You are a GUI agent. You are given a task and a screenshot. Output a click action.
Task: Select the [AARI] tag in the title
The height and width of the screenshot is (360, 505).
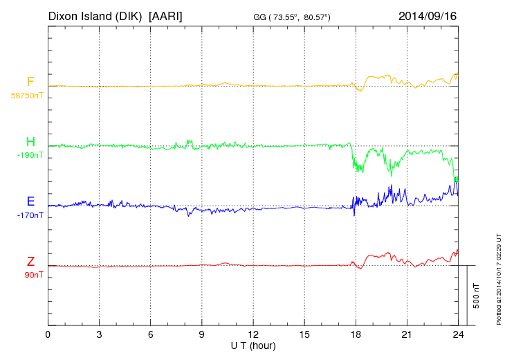click(x=169, y=15)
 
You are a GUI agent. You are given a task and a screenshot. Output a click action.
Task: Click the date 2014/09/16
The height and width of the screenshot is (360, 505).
click(x=428, y=15)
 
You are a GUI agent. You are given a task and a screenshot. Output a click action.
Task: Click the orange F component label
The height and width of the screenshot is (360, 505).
click(x=30, y=82)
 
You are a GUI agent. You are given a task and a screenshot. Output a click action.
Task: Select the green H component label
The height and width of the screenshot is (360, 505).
click(x=30, y=143)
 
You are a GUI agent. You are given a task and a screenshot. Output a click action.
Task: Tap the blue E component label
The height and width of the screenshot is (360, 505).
click(x=30, y=202)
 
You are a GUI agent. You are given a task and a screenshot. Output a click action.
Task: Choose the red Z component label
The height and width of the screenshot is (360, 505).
click(x=30, y=262)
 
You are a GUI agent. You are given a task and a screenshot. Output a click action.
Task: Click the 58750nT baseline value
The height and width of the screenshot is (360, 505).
click(x=26, y=96)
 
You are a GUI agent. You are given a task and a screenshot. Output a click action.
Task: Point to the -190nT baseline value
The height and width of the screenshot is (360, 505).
click(x=30, y=156)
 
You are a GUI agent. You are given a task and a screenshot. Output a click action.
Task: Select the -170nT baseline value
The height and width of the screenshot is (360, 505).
click(x=30, y=215)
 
